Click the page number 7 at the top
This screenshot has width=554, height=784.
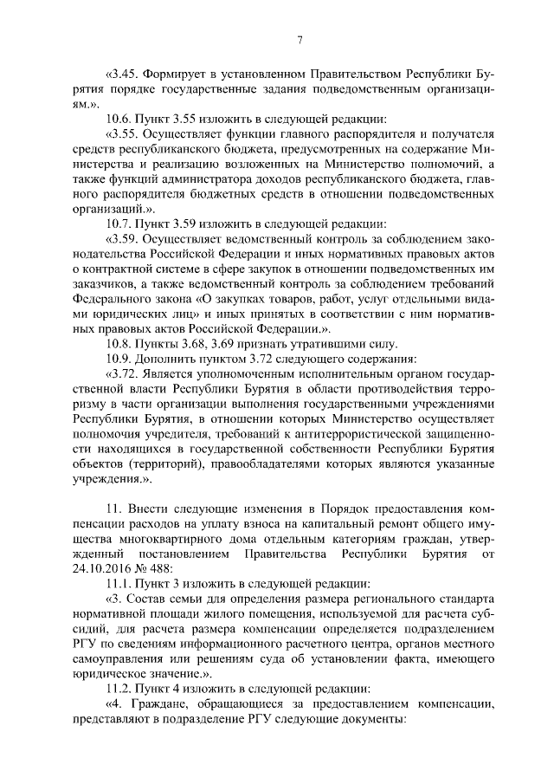pyautogui.click(x=299, y=39)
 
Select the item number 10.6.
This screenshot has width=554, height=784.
pyautogui.click(x=119, y=118)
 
